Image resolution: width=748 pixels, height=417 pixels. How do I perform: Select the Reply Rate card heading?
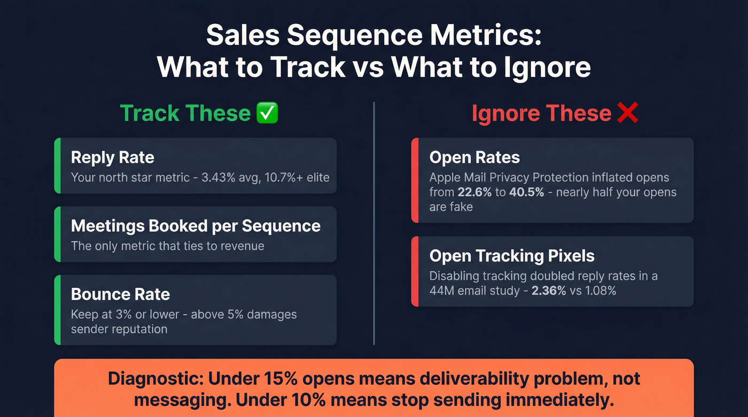[112, 158]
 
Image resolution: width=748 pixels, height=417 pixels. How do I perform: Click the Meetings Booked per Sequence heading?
[196, 226]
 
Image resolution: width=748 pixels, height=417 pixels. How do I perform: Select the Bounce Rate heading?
[120, 294]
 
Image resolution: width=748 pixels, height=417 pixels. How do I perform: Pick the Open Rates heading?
[474, 158]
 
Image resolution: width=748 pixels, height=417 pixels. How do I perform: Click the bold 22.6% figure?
[474, 192]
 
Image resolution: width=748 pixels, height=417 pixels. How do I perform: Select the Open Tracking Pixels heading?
[512, 256]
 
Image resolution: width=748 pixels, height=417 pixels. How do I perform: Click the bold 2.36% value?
[549, 290]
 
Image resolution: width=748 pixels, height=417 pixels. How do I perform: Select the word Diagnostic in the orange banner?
[155, 379]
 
